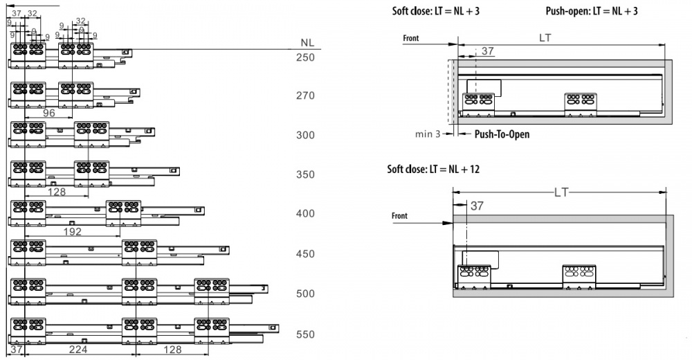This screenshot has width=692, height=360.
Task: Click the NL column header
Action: [x=307, y=42]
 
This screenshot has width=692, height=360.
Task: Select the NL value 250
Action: [x=305, y=57]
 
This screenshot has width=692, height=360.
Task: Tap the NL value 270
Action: [x=305, y=96]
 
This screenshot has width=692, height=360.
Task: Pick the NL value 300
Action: [x=305, y=135]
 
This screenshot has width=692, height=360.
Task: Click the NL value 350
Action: [x=305, y=175]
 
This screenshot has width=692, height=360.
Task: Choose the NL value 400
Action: [x=305, y=214]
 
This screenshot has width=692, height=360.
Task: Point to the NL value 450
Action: [x=305, y=254]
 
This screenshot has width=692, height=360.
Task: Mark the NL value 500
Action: [x=305, y=294]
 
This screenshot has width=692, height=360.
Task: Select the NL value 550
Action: [x=305, y=334]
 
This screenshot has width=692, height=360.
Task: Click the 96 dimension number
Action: [x=49, y=113]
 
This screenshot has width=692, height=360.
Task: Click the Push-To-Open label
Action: [x=502, y=134]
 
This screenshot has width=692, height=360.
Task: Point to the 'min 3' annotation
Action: [x=428, y=134]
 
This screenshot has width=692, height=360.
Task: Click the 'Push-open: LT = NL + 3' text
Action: [x=592, y=12]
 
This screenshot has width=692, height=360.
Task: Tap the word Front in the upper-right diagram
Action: [x=412, y=39]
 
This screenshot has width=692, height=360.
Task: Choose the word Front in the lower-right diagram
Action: [x=399, y=216]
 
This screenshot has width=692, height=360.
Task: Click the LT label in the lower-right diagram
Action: [x=561, y=192]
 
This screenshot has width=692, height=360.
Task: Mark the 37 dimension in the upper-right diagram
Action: [x=488, y=51]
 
